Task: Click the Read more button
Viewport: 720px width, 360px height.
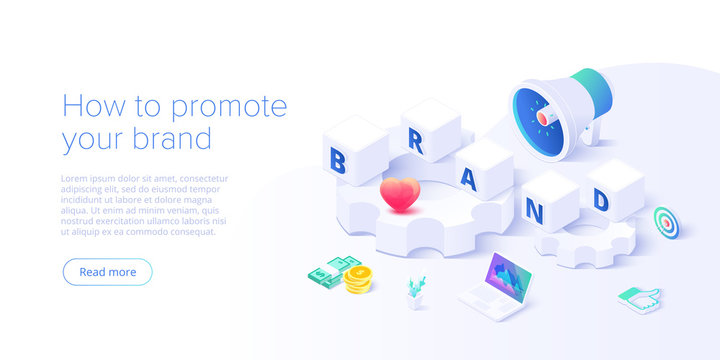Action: [107, 272]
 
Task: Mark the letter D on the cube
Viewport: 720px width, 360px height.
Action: [601, 200]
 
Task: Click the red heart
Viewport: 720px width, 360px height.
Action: [399, 194]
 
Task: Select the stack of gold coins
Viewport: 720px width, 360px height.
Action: [357, 280]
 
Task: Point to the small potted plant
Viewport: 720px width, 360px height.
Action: [416, 293]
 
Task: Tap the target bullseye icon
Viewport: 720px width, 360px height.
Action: [665, 221]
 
